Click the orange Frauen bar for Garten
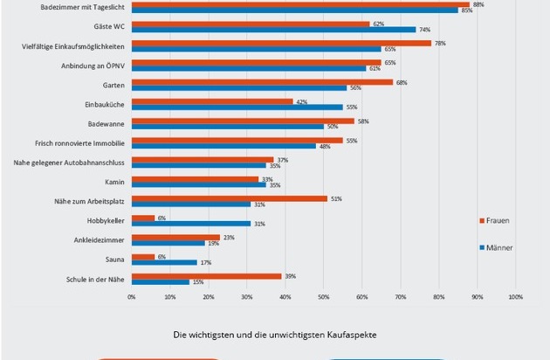tap(262, 82)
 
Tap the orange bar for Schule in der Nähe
tap(206, 275)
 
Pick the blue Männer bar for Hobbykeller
tap(191, 223)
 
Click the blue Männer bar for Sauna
tap(164, 262)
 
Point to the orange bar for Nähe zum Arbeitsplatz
tap(230, 198)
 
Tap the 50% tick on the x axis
tap(323, 297)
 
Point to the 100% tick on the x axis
tap(515, 297)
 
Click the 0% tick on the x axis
tap(132, 297)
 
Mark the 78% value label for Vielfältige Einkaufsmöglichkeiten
tap(441, 43)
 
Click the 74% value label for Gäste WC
tap(424, 30)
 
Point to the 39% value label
tap(290, 276)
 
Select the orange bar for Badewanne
tap(243, 121)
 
